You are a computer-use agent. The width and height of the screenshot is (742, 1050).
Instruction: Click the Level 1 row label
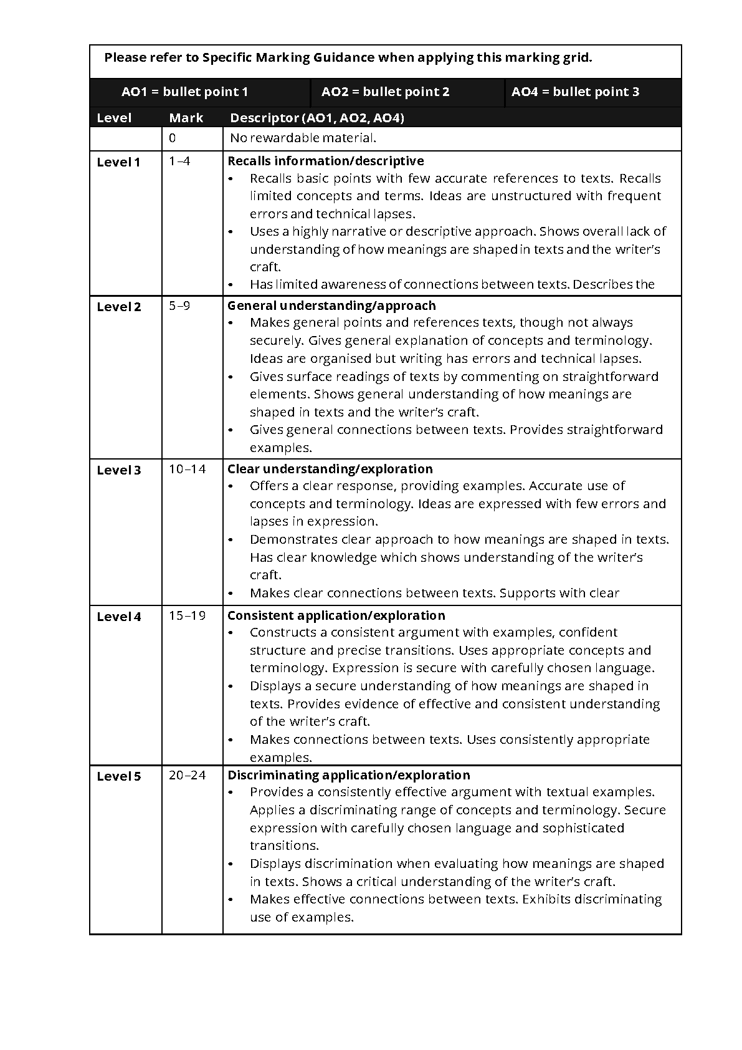pos(118,162)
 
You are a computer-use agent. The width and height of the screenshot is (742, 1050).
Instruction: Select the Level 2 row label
pos(119,307)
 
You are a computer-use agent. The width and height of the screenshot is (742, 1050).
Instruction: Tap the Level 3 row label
pos(119,470)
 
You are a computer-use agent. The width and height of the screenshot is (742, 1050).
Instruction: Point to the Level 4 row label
pos(119,617)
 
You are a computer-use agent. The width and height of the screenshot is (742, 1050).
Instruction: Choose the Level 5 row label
pos(119,776)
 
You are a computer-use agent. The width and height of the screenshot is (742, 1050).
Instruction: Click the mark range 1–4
pos(179,161)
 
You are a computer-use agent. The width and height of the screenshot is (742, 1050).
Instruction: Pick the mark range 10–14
pos(187,469)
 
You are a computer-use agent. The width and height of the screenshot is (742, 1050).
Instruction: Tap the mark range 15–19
pos(187,615)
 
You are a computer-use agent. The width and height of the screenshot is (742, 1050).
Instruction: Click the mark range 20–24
pos(187,775)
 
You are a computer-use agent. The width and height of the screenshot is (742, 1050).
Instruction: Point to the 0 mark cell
pos(173,138)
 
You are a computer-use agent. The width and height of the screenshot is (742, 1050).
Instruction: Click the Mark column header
pos(186,118)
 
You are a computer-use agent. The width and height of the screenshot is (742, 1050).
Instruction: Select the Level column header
pos(114,118)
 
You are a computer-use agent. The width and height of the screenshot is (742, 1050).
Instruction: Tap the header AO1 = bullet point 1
pos(184,92)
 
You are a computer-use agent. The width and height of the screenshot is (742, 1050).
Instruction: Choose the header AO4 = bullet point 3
pos(575,92)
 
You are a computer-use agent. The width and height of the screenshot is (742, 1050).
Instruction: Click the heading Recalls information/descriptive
pos(325,161)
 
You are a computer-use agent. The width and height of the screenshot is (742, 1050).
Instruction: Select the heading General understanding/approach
pos(331,306)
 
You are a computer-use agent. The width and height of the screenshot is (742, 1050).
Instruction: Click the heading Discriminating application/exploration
pos(348,775)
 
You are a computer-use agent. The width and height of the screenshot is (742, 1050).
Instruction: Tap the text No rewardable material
pos(303,138)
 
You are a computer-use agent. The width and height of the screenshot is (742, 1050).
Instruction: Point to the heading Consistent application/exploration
pos(336,615)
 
